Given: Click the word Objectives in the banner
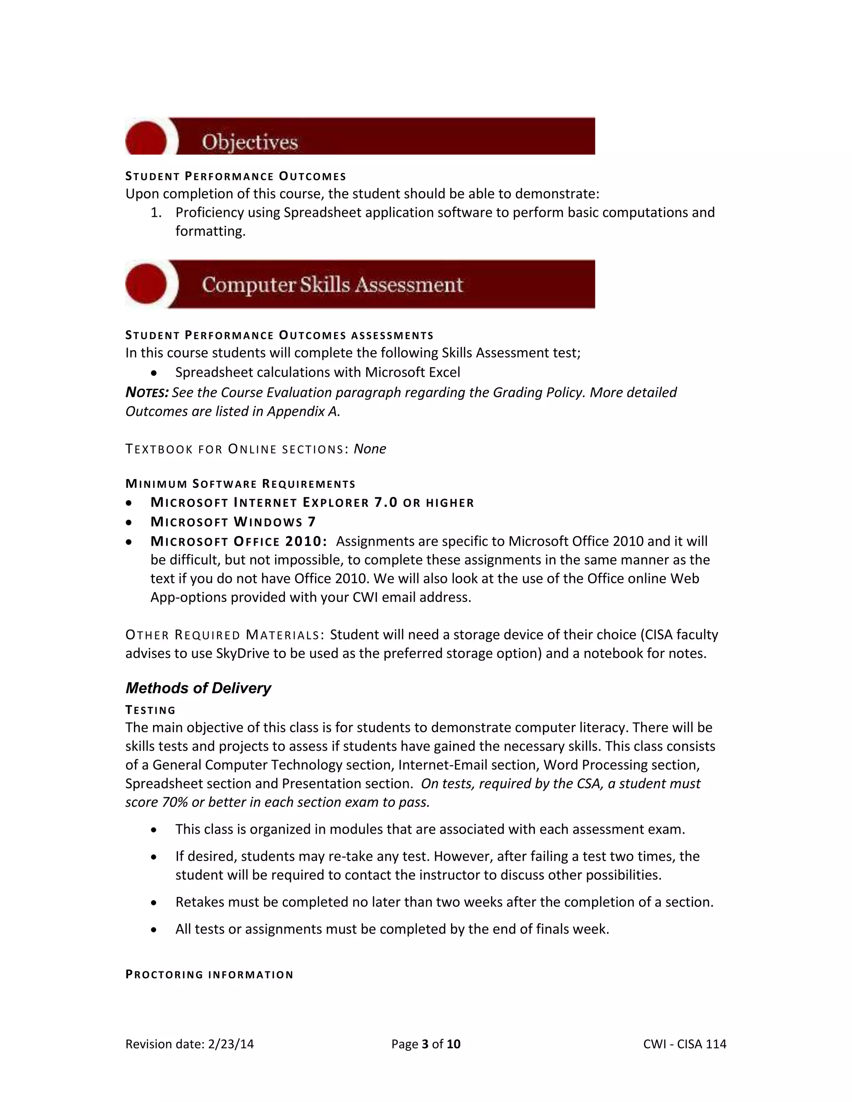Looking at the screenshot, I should click(x=250, y=142).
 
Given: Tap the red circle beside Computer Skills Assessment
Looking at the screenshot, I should click(x=146, y=284).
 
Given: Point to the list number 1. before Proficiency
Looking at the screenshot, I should click(x=156, y=212).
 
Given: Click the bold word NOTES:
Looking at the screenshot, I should click(x=147, y=393).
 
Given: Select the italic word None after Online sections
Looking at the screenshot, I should click(x=369, y=449).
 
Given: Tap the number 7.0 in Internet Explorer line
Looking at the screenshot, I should click(x=386, y=503).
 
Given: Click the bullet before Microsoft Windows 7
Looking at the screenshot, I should click(x=130, y=522).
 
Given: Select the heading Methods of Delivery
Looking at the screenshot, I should click(x=198, y=688).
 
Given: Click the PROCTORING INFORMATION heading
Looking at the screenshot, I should click(x=209, y=974).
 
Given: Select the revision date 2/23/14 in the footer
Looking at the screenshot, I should click(x=230, y=1044).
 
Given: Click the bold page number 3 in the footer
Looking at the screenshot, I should click(x=425, y=1044).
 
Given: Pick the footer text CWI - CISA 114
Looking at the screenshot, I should click(x=684, y=1044).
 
